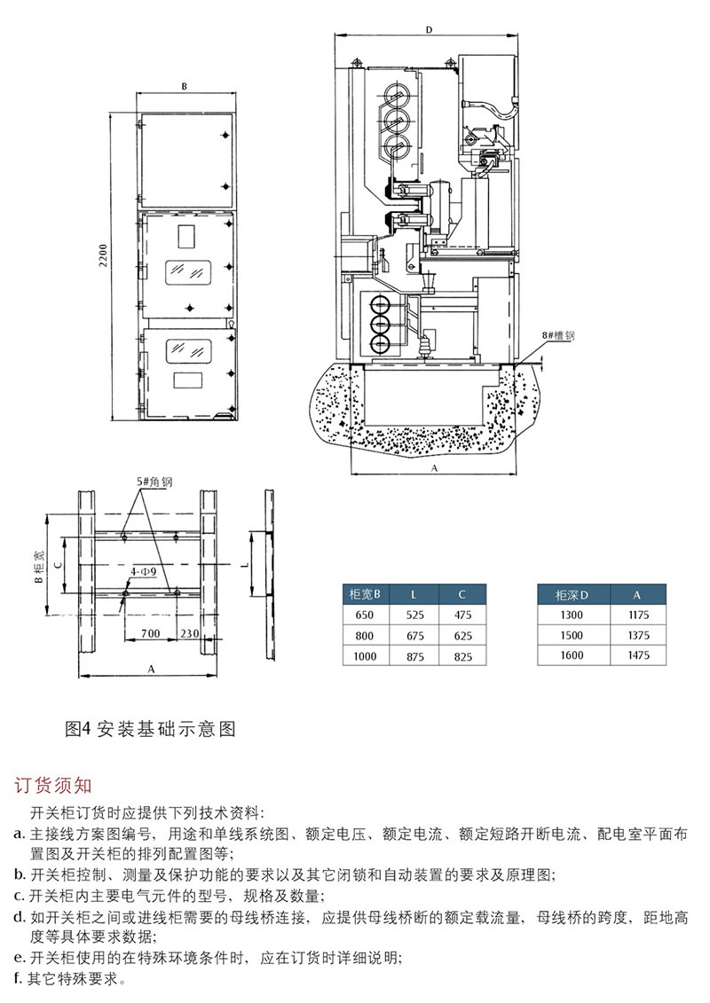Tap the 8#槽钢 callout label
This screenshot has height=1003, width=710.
click(559, 336)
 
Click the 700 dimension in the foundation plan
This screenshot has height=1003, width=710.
click(150, 634)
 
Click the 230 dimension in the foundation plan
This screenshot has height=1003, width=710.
click(188, 634)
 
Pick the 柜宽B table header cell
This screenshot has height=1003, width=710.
click(365, 593)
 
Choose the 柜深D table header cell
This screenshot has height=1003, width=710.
click(572, 593)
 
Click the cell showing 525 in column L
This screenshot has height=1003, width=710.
click(415, 615)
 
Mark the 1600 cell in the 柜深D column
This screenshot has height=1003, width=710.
click(572, 655)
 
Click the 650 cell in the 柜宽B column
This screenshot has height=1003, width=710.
click(365, 615)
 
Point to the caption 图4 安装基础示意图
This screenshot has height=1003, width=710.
click(151, 729)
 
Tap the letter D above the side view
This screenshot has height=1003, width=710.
click(428, 29)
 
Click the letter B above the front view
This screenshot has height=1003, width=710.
click(184, 87)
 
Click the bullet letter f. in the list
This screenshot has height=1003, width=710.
click(20, 980)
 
